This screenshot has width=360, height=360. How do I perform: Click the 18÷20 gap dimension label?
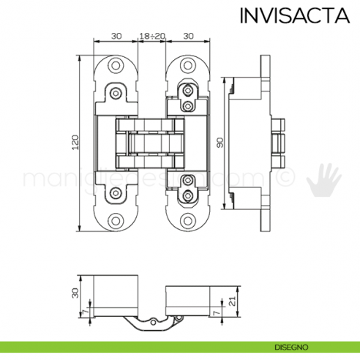(152, 35)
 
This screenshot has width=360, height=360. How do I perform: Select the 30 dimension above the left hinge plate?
(116, 35)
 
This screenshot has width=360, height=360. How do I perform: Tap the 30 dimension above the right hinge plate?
(188, 35)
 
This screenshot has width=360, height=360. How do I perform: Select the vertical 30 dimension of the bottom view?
(74, 292)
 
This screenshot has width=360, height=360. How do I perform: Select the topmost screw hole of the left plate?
(116, 65)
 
